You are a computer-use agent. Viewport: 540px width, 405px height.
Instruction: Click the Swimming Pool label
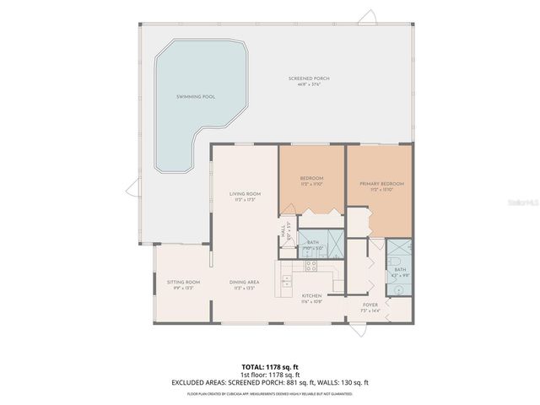(196, 97)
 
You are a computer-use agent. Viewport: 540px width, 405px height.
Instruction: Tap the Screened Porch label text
(313, 78)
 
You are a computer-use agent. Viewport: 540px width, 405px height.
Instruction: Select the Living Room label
(245, 194)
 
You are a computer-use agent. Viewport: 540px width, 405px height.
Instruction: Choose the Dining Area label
(244, 282)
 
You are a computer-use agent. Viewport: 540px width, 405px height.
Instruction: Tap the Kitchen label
(312, 296)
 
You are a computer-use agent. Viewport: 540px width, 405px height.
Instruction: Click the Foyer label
(370, 305)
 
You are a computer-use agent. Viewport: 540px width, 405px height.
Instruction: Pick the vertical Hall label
(282, 229)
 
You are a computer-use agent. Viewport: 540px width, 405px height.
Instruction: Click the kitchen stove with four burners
(310, 266)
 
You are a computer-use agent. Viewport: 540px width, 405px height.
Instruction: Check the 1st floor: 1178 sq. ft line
(270, 374)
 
